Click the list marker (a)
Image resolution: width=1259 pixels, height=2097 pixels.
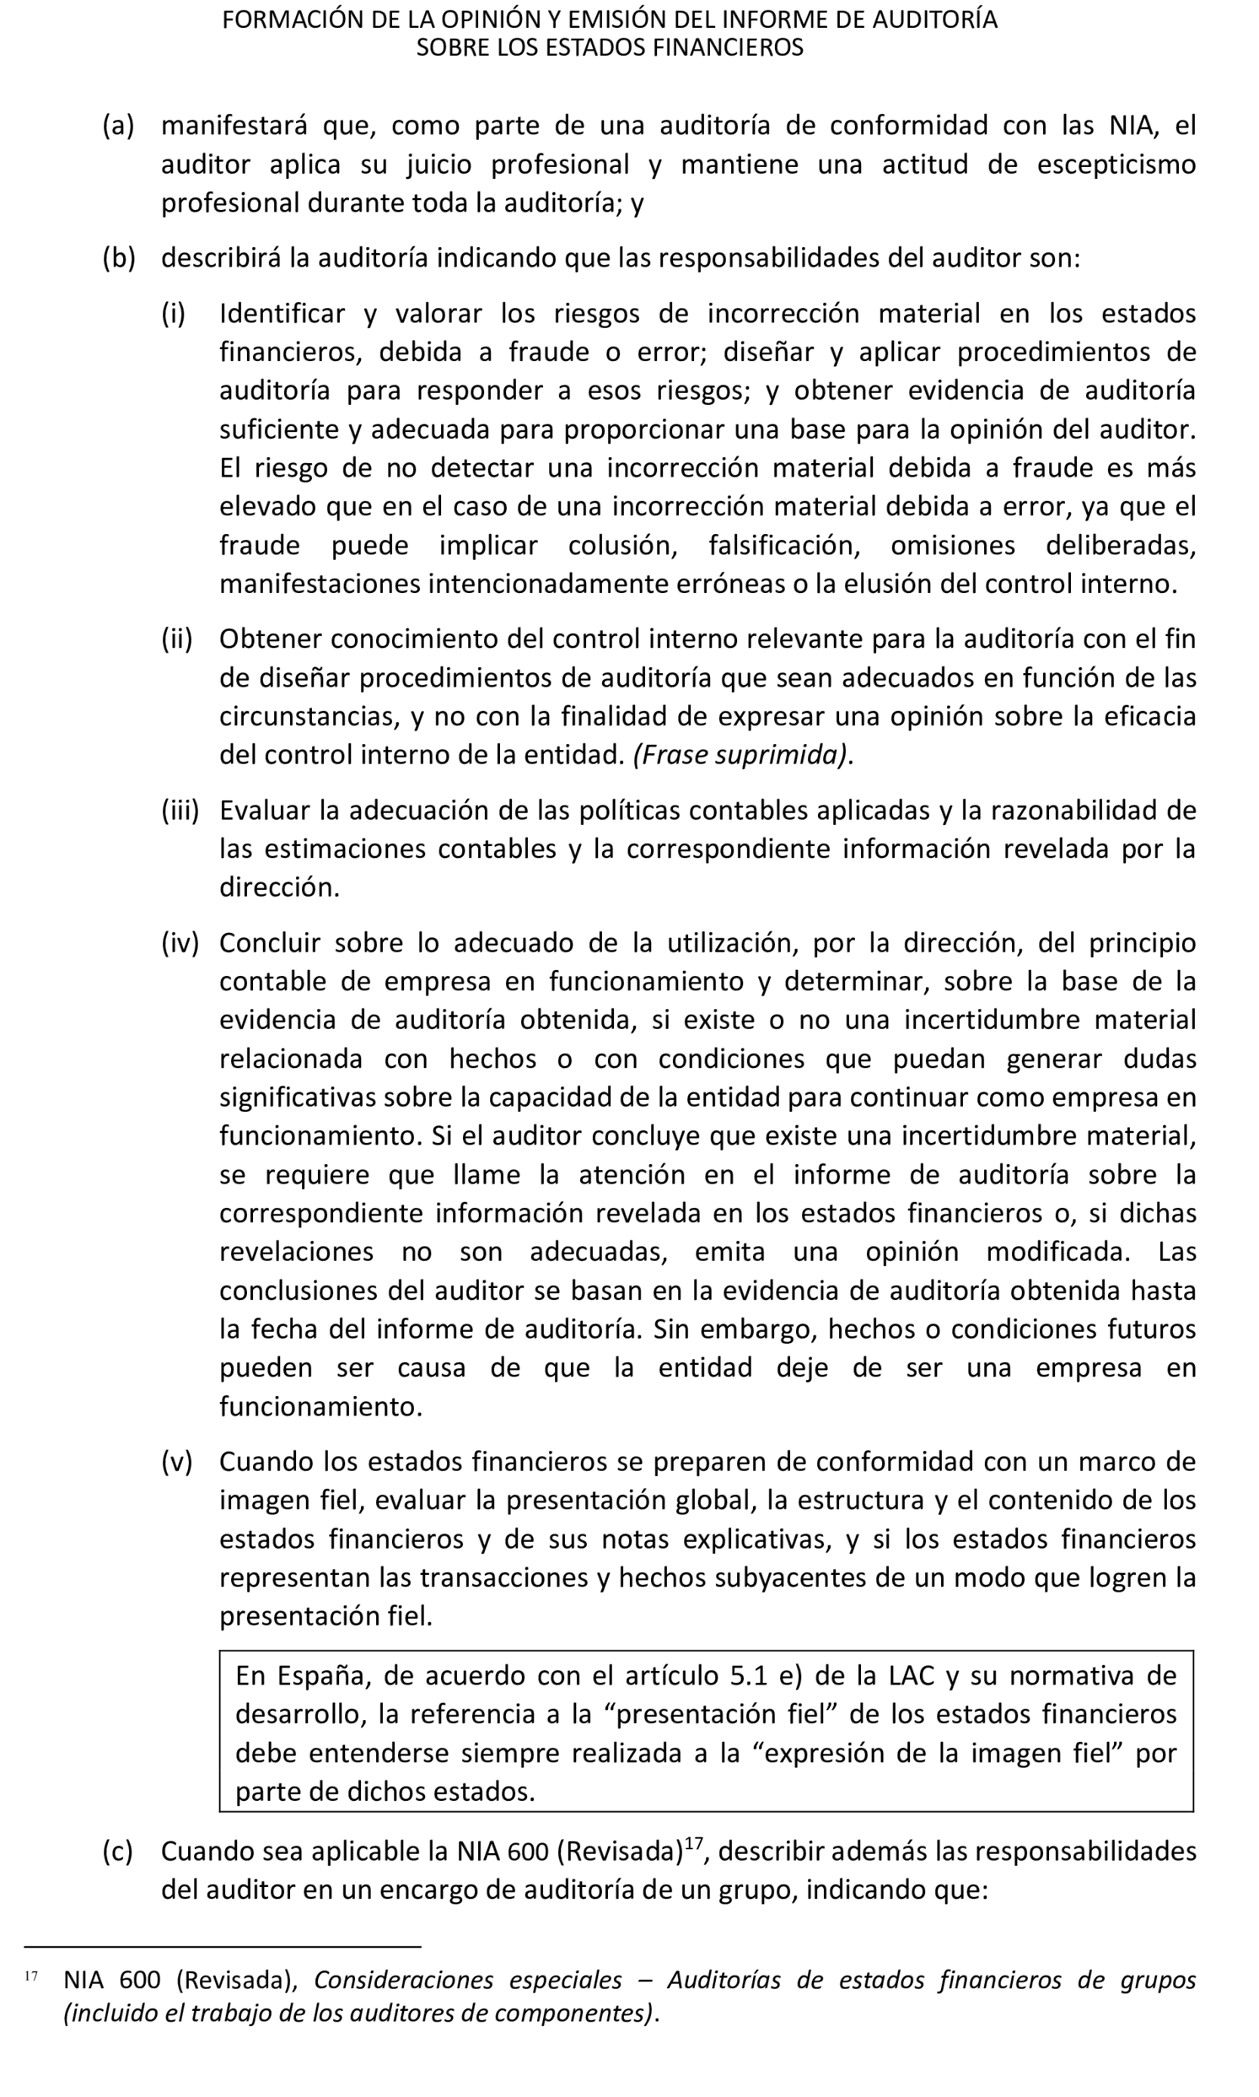pyautogui.click(x=119, y=125)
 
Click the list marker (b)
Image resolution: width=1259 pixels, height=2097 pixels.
pyautogui.click(x=119, y=258)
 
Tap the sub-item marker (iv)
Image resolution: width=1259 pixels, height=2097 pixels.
pyautogui.click(x=180, y=943)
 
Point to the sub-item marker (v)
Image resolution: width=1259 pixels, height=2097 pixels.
pyautogui.click(x=177, y=1462)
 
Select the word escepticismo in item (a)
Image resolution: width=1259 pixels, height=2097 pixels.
pyautogui.click(x=1116, y=165)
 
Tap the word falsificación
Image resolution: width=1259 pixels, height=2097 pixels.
pyautogui.click(x=784, y=545)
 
